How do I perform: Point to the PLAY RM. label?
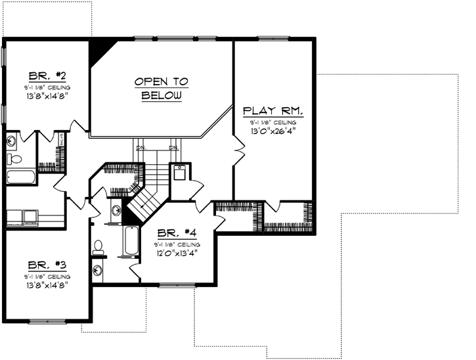tap(272, 110)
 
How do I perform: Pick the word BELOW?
tap(160, 95)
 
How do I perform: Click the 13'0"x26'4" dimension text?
tap(272, 131)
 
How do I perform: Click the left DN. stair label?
tap(140, 148)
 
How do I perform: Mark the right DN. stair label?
tap(174, 148)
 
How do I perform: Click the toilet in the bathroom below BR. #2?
tap(14, 158)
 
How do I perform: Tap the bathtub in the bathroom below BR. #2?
tap(22, 177)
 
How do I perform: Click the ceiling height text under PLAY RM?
tap(272, 122)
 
